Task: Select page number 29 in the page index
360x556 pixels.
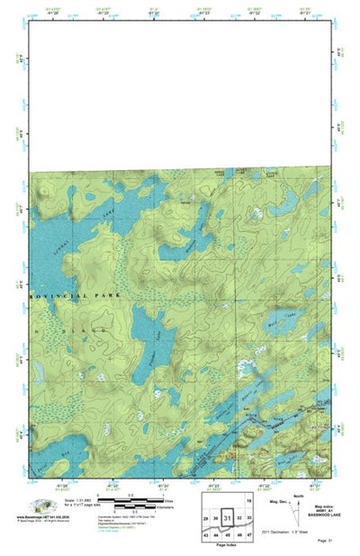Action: [206, 519]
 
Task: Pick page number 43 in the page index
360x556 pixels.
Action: [206, 534]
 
